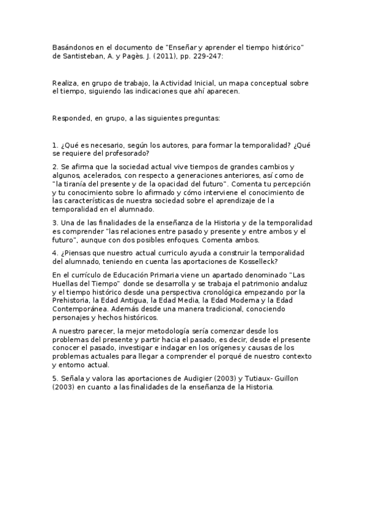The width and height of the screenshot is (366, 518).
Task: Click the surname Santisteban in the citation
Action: [x=80, y=56]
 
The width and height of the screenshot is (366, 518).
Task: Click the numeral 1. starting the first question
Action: [x=55, y=145]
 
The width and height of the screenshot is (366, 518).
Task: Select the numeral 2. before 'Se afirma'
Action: [x=55, y=167]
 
